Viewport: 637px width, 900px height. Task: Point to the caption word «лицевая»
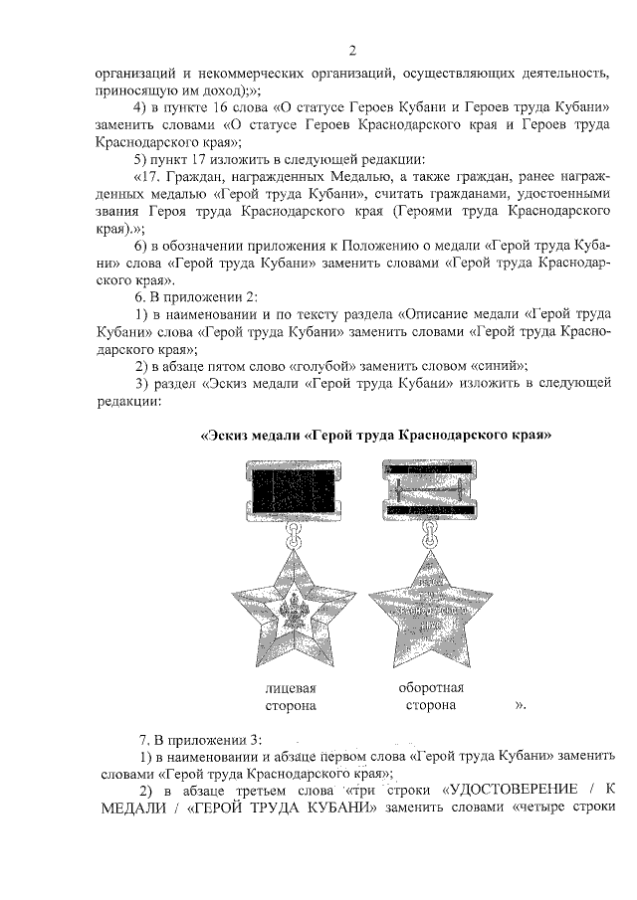point(290,688)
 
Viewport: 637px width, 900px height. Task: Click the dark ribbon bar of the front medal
point(291,491)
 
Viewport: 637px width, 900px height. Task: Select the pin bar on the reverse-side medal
point(430,489)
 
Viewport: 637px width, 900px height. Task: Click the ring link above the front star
point(292,538)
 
